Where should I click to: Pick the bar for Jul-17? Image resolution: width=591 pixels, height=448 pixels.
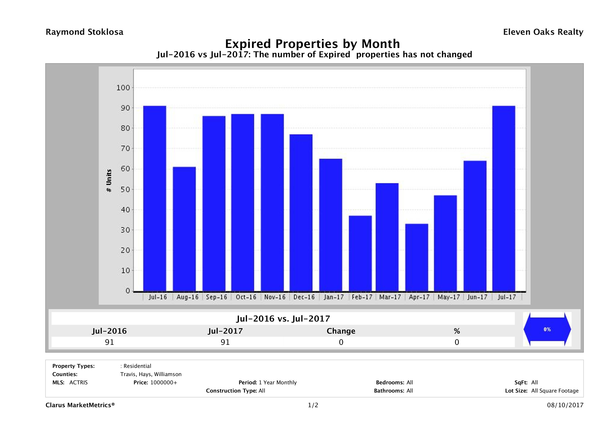(504, 198)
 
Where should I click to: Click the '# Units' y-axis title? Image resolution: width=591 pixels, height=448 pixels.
(109, 180)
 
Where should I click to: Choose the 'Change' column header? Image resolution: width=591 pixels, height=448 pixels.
(341, 331)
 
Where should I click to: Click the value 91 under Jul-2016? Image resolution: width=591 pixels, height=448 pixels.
(110, 342)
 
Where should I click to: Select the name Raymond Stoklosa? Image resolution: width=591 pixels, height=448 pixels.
(84, 32)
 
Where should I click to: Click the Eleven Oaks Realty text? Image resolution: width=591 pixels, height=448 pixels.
(543, 32)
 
